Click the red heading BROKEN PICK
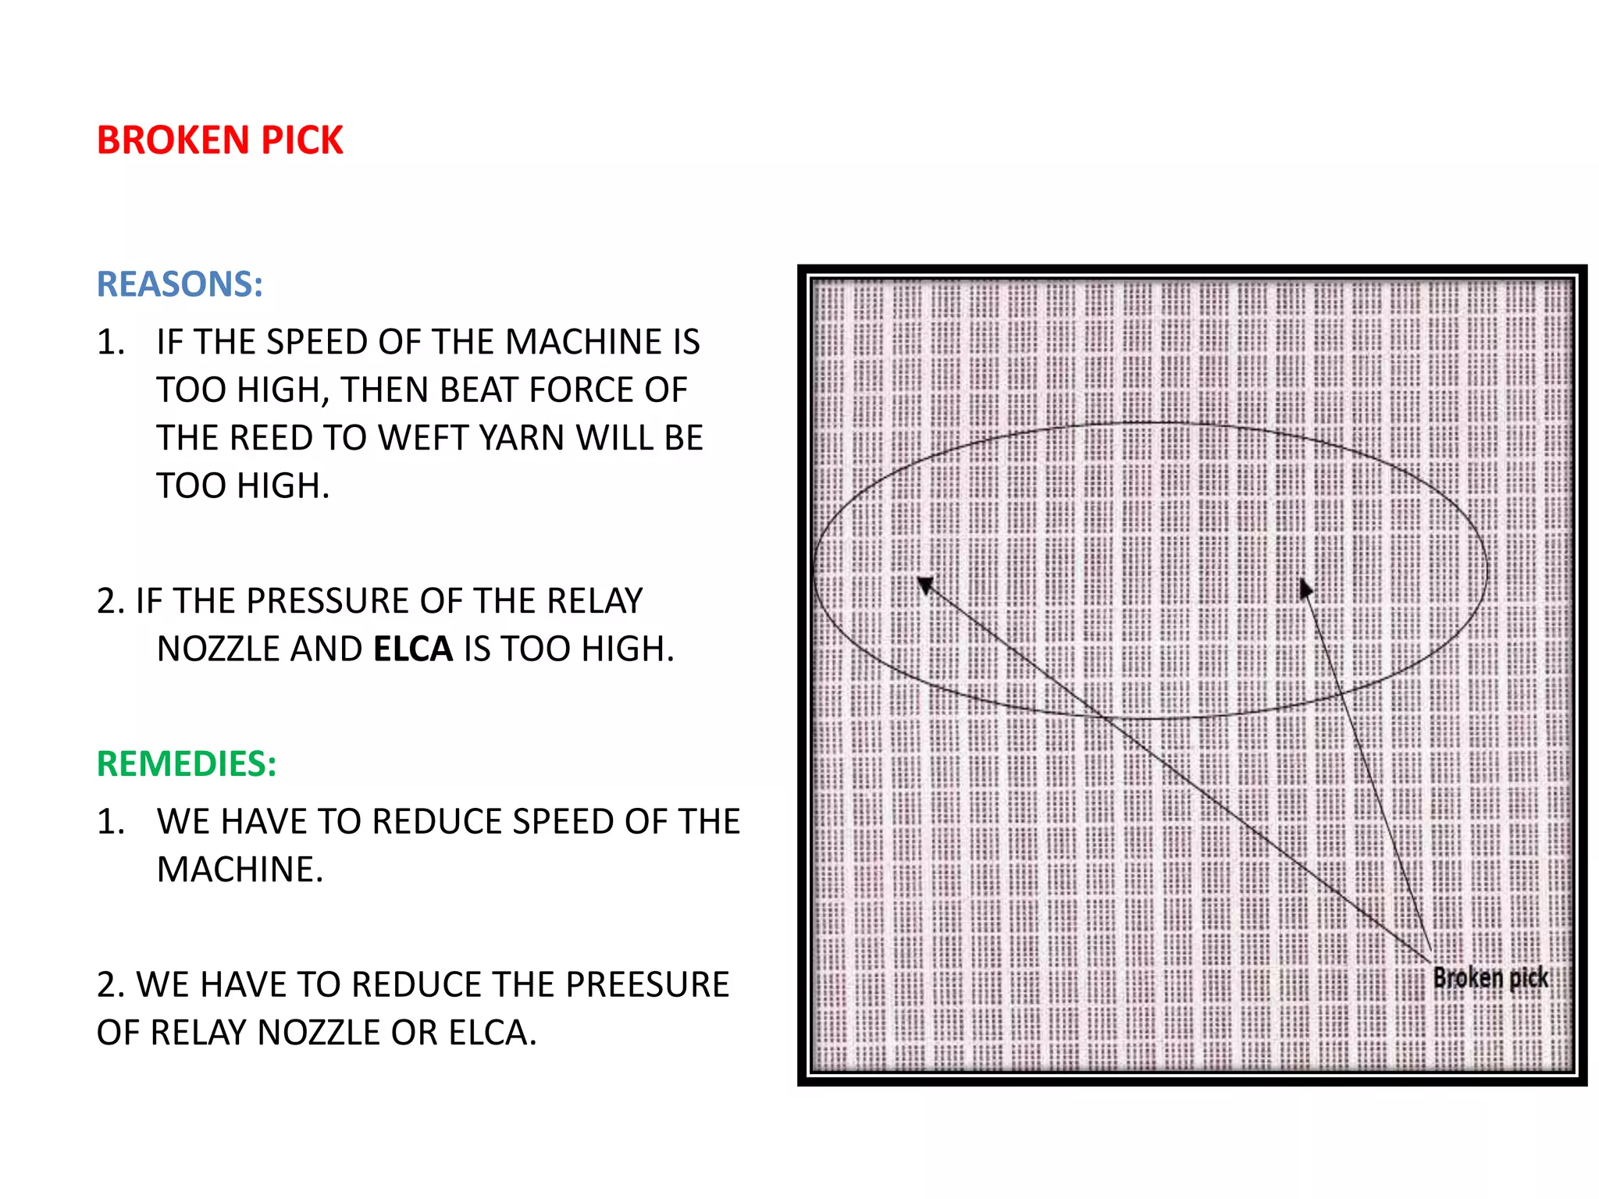[x=219, y=141]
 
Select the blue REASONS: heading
[x=180, y=284]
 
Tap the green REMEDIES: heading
[x=187, y=763]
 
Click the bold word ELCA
[x=413, y=649]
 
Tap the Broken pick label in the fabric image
[x=1490, y=978]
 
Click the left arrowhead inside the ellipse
[x=926, y=585]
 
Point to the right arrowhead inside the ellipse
[x=1305, y=589]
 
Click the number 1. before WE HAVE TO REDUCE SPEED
[x=110, y=822]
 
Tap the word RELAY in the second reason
[x=594, y=601]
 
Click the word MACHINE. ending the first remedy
[x=240, y=870]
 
